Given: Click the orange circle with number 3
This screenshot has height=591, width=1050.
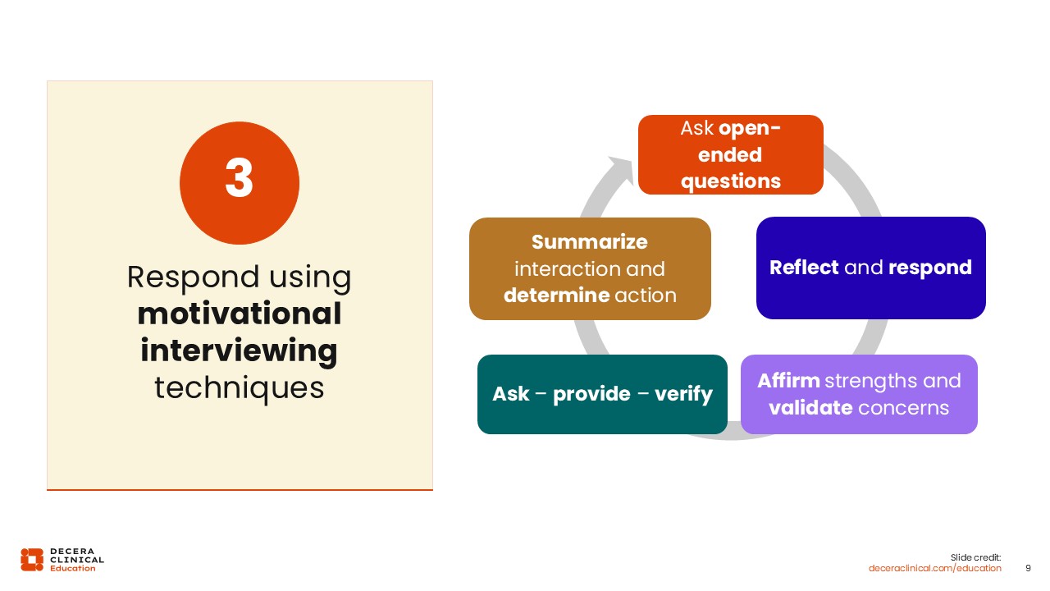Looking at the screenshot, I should coord(239,183).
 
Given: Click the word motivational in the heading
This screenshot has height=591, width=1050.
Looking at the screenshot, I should coord(239,314).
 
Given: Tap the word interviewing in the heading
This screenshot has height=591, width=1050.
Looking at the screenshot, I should coord(239,350).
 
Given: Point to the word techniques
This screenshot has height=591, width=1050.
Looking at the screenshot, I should coord(239,387).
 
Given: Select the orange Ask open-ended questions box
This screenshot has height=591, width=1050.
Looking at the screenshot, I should coord(730,154).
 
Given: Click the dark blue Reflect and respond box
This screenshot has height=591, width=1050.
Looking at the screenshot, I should coord(870,268).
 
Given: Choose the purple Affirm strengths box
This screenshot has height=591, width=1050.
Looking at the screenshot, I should coord(859,394).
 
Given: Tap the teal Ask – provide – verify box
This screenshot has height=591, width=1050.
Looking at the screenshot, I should coord(602,394).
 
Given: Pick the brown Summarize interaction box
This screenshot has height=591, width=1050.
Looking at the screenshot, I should coord(590,268).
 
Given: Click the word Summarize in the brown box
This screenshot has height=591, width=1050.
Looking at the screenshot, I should coord(589,242).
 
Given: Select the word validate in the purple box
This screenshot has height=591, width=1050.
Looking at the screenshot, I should coord(810,407).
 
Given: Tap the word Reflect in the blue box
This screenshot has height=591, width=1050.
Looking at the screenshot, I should coord(804,268).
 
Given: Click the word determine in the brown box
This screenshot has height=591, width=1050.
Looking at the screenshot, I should coord(551,295).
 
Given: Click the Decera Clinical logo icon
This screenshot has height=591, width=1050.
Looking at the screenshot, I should coord(32,559).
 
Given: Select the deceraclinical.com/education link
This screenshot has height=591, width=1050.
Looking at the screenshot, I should coord(935,568).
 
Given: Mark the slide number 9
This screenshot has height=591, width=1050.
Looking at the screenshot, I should coord(1029,568).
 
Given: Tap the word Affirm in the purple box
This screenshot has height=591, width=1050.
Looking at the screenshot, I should coord(788,381).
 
